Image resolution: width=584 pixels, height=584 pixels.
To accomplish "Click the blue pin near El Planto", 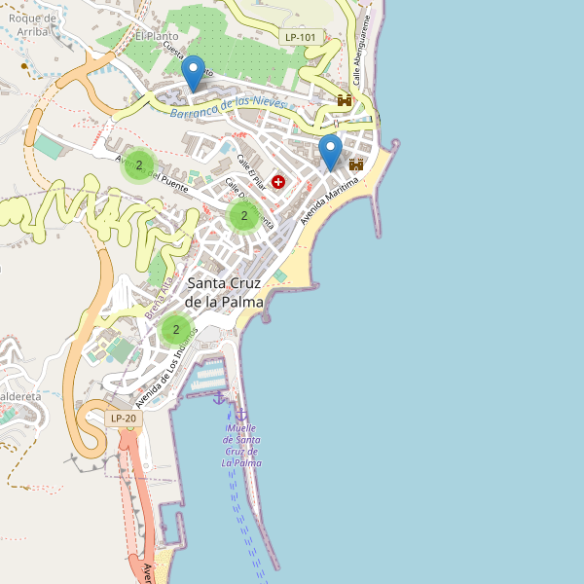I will tap(194, 73).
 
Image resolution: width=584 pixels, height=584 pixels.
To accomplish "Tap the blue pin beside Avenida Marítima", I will tap(331, 152).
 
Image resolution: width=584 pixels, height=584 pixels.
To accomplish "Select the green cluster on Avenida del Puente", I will tap(139, 165).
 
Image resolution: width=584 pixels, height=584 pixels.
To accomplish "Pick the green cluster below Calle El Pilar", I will tap(243, 216).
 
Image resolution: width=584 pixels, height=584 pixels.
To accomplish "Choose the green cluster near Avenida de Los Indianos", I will tap(175, 330).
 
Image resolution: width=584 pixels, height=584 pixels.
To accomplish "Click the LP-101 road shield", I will tap(301, 37).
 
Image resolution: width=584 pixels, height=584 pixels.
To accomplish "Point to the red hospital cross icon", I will tap(279, 181).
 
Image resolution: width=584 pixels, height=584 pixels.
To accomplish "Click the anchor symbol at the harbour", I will tap(219, 396).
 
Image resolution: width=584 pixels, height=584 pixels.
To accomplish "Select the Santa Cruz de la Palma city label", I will tap(225, 292).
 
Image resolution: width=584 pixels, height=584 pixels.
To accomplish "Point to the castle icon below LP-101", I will tap(345, 99).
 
